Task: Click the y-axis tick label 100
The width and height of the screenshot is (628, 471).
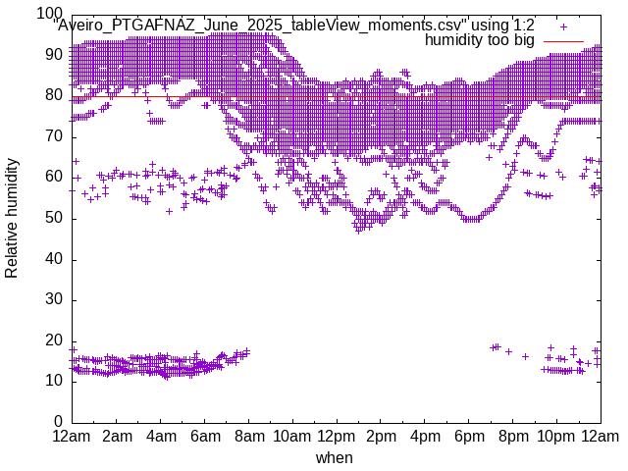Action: pos(50,14)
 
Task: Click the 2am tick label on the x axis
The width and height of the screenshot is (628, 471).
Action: pos(117,436)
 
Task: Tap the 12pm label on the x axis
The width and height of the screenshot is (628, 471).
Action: pos(337,436)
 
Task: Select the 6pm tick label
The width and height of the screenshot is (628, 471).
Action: pos(469,436)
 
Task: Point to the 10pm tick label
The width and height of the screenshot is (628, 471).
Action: pos(557,436)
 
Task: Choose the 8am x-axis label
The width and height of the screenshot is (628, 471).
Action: pos(249,436)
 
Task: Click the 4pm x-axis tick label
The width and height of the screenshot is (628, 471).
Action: pos(425,436)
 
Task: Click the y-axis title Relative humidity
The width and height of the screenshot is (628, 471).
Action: pos(12,218)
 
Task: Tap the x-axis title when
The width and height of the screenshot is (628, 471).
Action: pos(335,457)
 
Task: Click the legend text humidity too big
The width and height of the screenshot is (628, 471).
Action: pos(480,40)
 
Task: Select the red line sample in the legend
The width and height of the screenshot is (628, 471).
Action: pos(563,41)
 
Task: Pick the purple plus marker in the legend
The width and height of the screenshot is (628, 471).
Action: pos(563,26)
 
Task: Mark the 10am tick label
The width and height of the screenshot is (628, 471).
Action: pos(292,436)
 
